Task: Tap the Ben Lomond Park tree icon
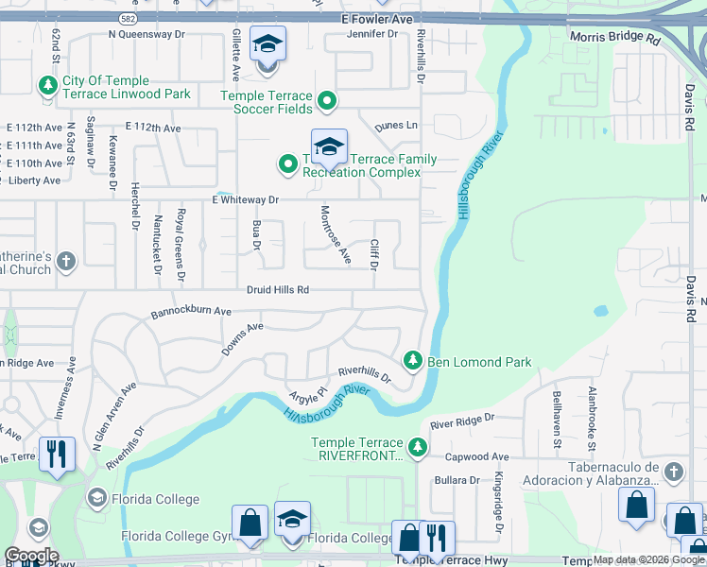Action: coord(412,361)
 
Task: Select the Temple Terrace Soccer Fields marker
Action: coord(327,99)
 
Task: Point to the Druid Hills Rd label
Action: coord(278,290)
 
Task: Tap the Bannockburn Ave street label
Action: coord(192,311)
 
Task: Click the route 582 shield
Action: coord(127,18)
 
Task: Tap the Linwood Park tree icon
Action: coord(46,87)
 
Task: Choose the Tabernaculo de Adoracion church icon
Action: coord(673,471)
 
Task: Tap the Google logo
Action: coord(31,556)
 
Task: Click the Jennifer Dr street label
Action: coord(373,34)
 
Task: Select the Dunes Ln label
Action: coord(395,126)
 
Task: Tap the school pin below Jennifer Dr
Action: coord(267,44)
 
